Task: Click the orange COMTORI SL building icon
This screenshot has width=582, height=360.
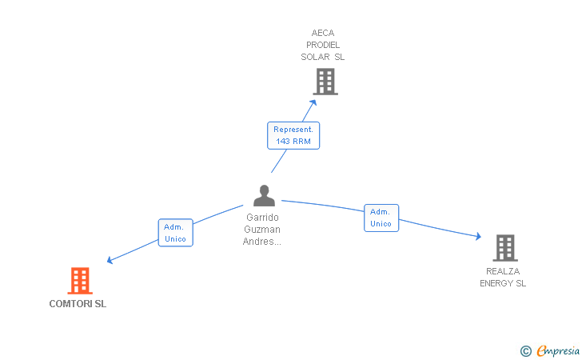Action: pyautogui.click(x=80, y=281)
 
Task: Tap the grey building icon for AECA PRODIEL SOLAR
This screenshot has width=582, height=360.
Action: pyautogui.click(x=325, y=82)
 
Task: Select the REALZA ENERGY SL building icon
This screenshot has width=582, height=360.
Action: pyautogui.click(x=505, y=248)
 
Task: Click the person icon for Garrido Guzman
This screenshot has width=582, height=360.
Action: pyautogui.click(x=265, y=195)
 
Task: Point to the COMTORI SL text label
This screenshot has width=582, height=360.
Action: pyautogui.click(x=78, y=304)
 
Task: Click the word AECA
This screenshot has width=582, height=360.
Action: pyautogui.click(x=323, y=33)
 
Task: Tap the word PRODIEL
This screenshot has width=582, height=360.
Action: pyautogui.click(x=323, y=45)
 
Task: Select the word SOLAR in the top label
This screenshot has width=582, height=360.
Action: pyautogui.click(x=315, y=57)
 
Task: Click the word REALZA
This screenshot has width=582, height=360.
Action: pyautogui.click(x=503, y=271)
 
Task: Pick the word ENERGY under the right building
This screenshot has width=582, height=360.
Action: pyautogui.click(x=496, y=283)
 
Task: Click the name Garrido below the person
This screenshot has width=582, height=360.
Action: pyautogui.click(x=262, y=218)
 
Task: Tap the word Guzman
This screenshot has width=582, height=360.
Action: pyautogui.click(x=262, y=230)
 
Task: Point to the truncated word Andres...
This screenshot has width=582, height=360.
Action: pyautogui.click(x=262, y=242)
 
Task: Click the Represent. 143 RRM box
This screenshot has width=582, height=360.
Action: pyautogui.click(x=293, y=136)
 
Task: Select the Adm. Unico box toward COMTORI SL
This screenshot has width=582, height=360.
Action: pyautogui.click(x=176, y=233)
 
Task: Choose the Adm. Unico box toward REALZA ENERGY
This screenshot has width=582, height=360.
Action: pyautogui.click(x=381, y=218)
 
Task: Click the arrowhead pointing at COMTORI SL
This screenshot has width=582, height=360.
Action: pyautogui.click(x=110, y=261)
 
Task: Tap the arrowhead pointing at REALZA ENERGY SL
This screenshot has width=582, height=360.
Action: pyautogui.click(x=478, y=236)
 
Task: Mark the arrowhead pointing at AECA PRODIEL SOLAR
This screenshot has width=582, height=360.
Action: pyautogui.click(x=313, y=102)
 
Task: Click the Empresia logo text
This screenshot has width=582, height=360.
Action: pyautogui.click(x=558, y=350)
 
